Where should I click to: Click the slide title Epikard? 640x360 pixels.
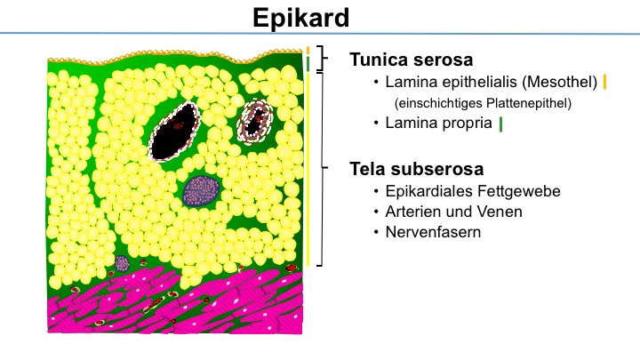pyautogui.click(x=300, y=18)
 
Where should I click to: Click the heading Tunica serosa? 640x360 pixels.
pyautogui.click(x=411, y=60)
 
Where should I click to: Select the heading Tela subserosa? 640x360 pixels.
pyautogui.click(x=416, y=169)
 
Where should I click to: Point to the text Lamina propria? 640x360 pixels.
pyautogui.click(x=438, y=123)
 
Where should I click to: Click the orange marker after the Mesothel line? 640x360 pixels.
pyautogui.click(x=604, y=82)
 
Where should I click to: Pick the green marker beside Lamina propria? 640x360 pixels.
pyautogui.click(x=500, y=124)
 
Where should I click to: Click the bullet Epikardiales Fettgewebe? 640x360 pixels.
pyautogui.click(x=473, y=191)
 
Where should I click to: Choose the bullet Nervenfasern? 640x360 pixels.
pyautogui.click(x=433, y=232)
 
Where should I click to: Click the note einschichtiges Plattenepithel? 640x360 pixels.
pyautogui.click(x=483, y=103)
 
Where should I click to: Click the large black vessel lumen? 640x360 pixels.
pyautogui.click(x=174, y=132)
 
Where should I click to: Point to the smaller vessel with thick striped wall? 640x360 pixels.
pyautogui.click(x=255, y=120)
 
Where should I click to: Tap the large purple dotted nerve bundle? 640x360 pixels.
pyautogui.click(x=201, y=190)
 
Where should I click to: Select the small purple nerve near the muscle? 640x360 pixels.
pyautogui.click(x=122, y=264)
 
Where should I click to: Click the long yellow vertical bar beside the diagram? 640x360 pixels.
pyautogui.click(x=308, y=169)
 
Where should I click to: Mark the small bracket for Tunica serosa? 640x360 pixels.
pyautogui.click(x=323, y=58)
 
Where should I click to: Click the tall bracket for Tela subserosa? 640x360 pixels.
pyautogui.click(x=323, y=169)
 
